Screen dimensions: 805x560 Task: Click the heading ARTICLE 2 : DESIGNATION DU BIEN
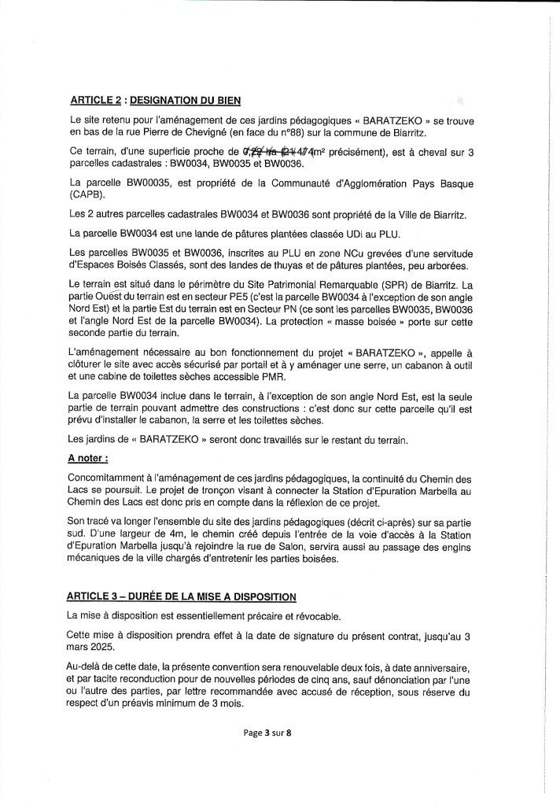(155, 100)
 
